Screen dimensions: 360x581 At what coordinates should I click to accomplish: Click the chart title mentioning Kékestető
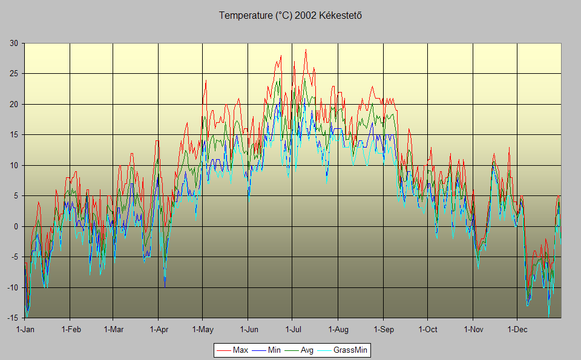click(290, 16)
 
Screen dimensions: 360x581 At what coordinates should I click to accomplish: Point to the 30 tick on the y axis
click(13, 43)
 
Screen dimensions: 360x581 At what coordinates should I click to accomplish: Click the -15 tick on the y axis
click(12, 318)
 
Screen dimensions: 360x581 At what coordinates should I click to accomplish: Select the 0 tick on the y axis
click(16, 226)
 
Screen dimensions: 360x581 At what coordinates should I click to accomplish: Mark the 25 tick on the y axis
click(13, 74)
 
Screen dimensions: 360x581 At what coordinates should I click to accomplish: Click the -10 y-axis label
click(12, 287)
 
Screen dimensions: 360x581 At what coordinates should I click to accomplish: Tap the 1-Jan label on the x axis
click(25, 330)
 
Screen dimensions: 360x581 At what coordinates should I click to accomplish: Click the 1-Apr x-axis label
click(158, 330)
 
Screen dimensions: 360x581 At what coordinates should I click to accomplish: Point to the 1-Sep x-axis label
click(382, 330)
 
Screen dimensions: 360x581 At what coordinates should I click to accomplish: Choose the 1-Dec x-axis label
click(517, 330)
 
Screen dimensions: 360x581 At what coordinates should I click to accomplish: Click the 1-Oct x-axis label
click(427, 330)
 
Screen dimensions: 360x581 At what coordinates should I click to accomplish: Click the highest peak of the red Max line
click(306, 50)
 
